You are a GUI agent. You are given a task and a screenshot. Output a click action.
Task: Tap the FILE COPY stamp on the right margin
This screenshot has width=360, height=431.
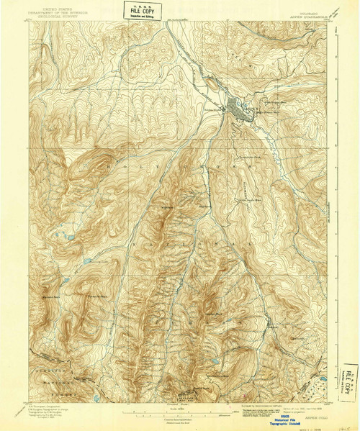pos(349,379)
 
